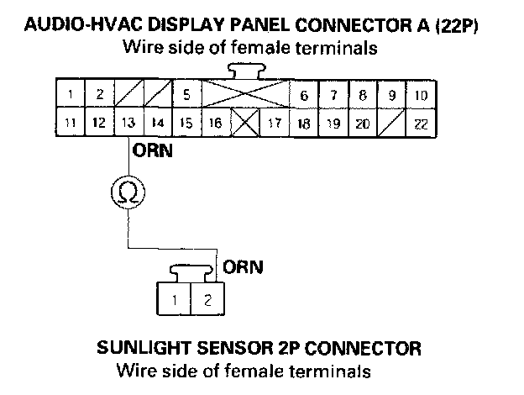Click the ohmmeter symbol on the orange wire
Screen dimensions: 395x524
[128, 194]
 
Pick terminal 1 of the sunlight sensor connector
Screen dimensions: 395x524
[174, 299]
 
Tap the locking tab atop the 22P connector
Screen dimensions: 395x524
[244, 71]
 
